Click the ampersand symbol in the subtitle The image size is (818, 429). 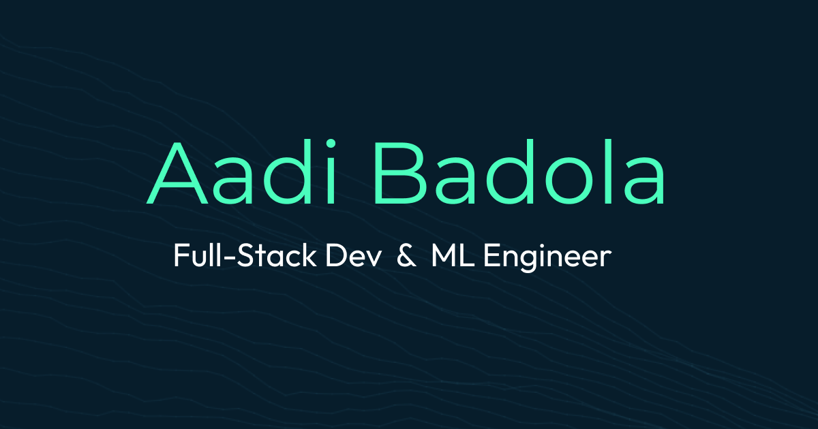point(406,257)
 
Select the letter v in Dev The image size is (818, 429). point(372,260)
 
